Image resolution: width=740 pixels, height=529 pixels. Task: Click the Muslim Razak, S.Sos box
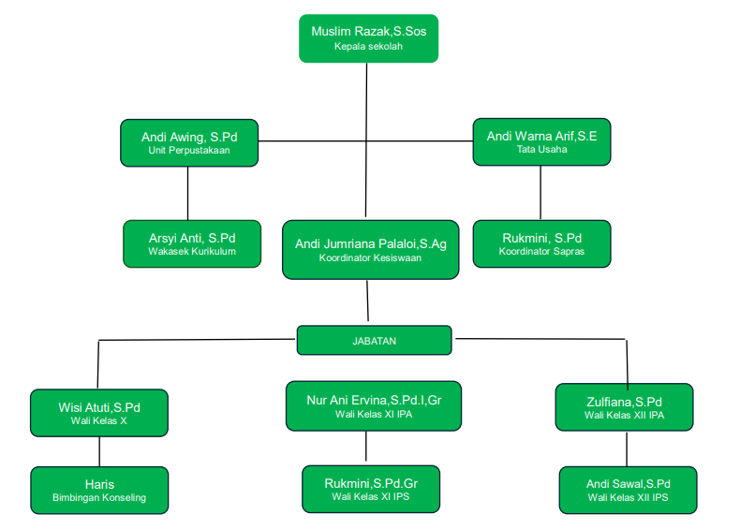coord(368,38)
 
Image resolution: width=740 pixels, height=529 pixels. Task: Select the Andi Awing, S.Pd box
coord(189,142)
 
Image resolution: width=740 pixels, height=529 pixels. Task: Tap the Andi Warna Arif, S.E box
coord(541,142)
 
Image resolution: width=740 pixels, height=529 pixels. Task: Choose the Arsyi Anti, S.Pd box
coord(192,243)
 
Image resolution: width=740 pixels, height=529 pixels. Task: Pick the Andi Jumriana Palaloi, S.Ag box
coord(370,250)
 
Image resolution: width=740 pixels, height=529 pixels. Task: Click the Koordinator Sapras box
coord(541,243)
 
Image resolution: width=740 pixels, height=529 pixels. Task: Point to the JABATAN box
coord(374,341)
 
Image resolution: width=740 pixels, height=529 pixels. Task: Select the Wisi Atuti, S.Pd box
coord(99,414)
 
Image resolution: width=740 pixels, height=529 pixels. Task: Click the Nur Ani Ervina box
coord(373,405)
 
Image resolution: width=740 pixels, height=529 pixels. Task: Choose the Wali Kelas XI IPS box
coord(370,490)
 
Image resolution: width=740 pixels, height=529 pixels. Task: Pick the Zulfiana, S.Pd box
coord(624,407)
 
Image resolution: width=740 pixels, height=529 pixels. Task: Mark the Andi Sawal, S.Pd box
coord(628,490)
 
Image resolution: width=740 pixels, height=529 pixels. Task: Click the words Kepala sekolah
coord(368,46)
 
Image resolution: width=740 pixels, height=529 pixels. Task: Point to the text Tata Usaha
coord(541,150)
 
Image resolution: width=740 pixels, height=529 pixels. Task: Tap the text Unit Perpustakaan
coord(189,150)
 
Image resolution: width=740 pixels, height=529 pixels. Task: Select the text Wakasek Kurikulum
coord(192,251)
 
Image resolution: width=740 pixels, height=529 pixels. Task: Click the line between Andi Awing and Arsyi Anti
coord(188,193)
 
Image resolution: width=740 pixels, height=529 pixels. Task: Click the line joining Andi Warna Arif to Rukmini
coord(540,193)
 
